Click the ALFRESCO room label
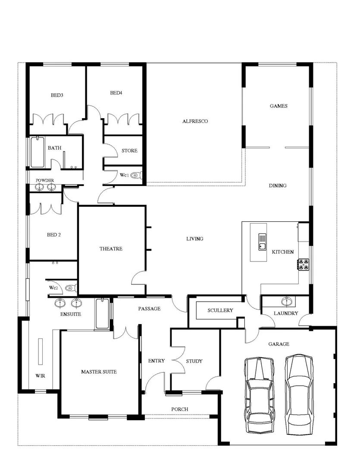point(195,121)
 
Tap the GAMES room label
point(279,106)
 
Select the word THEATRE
point(111,249)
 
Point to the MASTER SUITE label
point(99,372)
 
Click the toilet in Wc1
point(137,175)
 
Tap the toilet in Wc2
point(69,288)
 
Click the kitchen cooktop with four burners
point(304,264)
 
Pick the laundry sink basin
point(285,301)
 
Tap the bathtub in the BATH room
point(37,152)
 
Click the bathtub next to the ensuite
point(103,313)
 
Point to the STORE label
point(129,151)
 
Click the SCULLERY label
point(220,310)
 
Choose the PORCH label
point(179,409)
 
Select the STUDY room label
point(194,361)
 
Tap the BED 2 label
point(54,235)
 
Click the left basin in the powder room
point(40,187)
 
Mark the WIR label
point(40,375)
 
